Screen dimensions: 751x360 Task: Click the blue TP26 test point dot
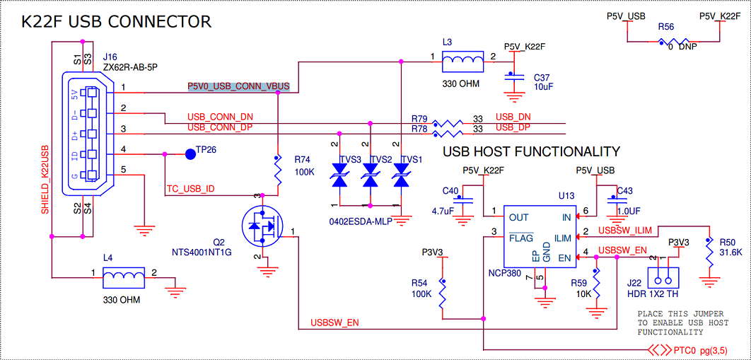[191, 153]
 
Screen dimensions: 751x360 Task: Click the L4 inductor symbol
[124, 277]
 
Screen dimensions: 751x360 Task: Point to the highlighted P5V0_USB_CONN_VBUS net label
[238, 87]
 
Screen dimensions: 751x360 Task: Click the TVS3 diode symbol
[339, 175]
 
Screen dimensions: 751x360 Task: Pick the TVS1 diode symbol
[401, 175]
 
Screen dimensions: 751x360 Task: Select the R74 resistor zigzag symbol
[277, 170]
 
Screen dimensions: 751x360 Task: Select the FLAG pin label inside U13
[520, 238]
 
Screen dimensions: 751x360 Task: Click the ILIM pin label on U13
[562, 238]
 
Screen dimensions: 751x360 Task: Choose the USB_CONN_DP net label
[219, 128]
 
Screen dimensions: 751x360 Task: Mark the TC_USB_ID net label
[190, 189]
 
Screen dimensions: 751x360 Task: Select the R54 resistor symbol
[443, 295]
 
